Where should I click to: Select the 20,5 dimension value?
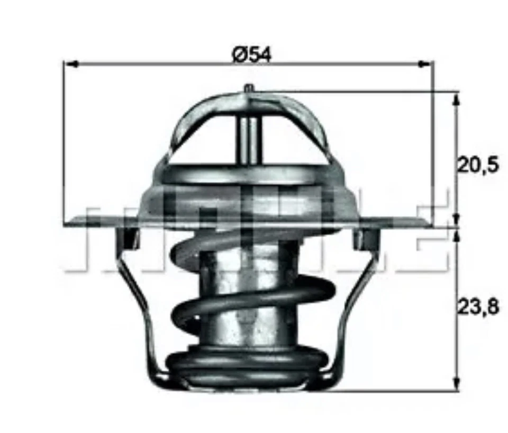point(477,166)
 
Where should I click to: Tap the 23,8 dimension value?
point(477,307)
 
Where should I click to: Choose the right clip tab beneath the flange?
point(364,238)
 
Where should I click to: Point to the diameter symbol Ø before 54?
point(238,53)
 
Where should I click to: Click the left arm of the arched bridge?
point(185,127)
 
